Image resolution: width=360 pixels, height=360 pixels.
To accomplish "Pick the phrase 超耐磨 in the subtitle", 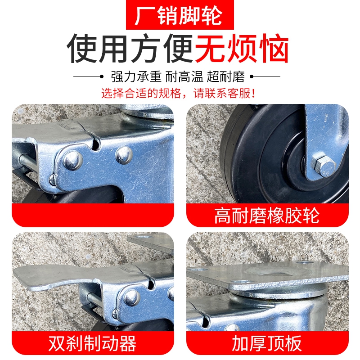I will click(226, 77).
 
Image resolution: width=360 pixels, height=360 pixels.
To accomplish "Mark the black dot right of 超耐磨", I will click(252, 77).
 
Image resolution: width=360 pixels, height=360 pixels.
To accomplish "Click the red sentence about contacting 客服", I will click(180, 94).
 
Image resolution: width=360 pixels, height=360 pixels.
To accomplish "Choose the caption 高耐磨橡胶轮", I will click(267, 216).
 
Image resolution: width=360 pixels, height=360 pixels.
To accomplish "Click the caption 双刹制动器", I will click(92, 343).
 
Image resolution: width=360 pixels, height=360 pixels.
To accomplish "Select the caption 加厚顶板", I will click(267, 343).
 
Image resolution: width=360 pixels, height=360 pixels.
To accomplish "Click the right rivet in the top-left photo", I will click(123, 154).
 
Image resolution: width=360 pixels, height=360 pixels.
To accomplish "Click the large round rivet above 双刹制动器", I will click(131, 297).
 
